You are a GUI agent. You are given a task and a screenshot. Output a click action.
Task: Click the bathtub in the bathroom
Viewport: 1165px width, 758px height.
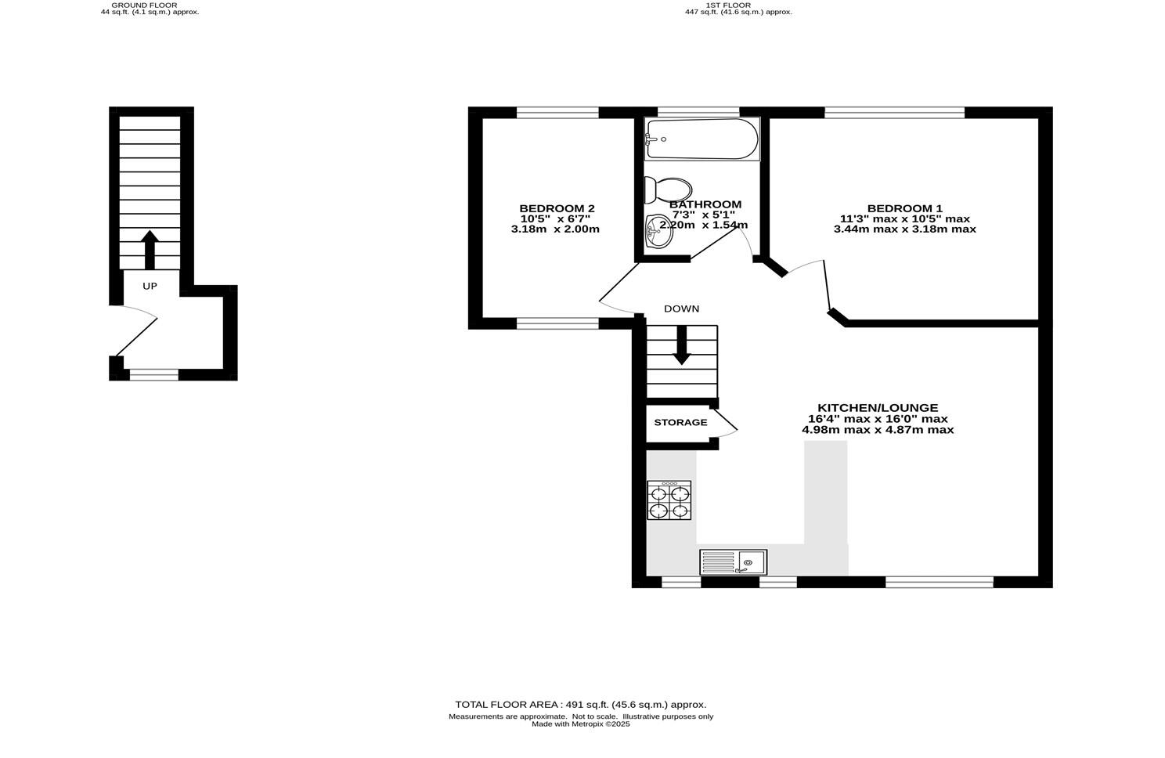click(x=702, y=139)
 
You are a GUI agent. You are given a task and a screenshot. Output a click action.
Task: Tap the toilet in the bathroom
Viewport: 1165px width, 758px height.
click(x=668, y=189)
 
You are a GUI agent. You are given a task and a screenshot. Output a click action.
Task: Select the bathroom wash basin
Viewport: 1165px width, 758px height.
click(x=658, y=232)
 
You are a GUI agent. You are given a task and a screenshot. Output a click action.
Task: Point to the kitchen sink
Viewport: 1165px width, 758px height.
click(x=734, y=562)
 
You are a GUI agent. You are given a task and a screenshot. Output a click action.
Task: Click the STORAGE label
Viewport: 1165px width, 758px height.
click(x=680, y=423)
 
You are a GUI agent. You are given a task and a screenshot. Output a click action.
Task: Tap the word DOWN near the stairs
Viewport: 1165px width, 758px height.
click(x=681, y=309)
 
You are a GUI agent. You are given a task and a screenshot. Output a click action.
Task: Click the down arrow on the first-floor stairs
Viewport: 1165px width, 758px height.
click(x=681, y=345)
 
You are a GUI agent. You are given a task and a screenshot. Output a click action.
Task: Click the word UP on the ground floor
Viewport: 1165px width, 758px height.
click(x=150, y=287)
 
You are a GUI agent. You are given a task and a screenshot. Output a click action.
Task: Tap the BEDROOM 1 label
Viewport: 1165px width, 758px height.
click(x=904, y=208)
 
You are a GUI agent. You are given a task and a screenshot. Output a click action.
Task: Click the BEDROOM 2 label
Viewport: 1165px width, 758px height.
click(x=557, y=208)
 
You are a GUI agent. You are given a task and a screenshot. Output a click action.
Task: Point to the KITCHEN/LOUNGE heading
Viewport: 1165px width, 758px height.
click(x=877, y=408)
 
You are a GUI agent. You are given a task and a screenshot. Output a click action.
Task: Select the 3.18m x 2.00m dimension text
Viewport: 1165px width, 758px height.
click(x=555, y=229)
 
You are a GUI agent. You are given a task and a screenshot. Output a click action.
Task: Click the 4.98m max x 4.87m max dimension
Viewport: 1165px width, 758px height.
click(x=877, y=430)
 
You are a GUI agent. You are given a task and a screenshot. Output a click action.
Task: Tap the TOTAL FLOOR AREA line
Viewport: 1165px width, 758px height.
click(x=580, y=704)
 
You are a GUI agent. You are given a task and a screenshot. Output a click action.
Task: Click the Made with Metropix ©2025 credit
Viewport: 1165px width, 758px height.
click(x=580, y=724)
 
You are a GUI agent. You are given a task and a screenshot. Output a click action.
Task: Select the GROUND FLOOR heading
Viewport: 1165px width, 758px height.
click(x=150, y=5)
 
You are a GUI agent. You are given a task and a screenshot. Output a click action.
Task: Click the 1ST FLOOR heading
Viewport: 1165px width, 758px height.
click(x=727, y=5)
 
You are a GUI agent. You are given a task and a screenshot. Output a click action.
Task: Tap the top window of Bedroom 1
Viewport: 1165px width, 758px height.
click(x=894, y=113)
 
